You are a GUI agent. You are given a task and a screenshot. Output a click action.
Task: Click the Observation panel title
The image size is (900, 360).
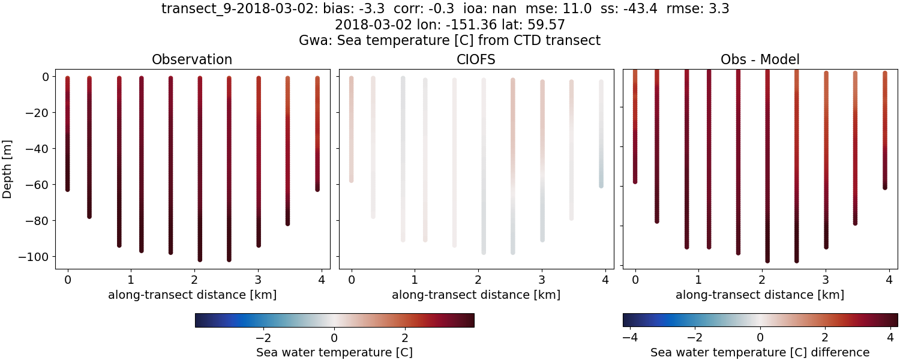[x=192, y=59]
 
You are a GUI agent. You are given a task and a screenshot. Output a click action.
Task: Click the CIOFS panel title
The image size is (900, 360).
[x=476, y=59]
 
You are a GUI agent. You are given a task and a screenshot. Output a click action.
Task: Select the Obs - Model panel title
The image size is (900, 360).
[x=760, y=59]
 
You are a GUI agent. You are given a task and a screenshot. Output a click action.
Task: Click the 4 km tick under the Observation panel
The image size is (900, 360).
[x=322, y=279]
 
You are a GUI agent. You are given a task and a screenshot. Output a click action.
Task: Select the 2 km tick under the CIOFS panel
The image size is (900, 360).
[x=478, y=279]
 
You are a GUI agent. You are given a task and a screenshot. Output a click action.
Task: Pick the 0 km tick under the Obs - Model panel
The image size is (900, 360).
[x=635, y=279]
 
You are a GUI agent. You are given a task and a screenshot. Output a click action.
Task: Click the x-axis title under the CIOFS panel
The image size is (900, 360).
[x=476, y=295]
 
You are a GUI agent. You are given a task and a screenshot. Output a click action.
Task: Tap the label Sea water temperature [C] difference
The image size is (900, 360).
[x=760, y=352]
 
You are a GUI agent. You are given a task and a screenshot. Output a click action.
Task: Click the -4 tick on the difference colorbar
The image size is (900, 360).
[x=630, y=337]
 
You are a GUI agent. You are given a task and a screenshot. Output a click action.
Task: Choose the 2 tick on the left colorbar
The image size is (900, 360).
[x=405, y=337]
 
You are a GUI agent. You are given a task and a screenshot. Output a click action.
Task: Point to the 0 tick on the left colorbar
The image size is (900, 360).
[x=335, y=337]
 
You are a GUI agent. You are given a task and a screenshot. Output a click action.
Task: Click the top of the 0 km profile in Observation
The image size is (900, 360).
[x=67, y=79]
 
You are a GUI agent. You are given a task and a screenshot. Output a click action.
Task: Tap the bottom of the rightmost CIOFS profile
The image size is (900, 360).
[x=601, y=185]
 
